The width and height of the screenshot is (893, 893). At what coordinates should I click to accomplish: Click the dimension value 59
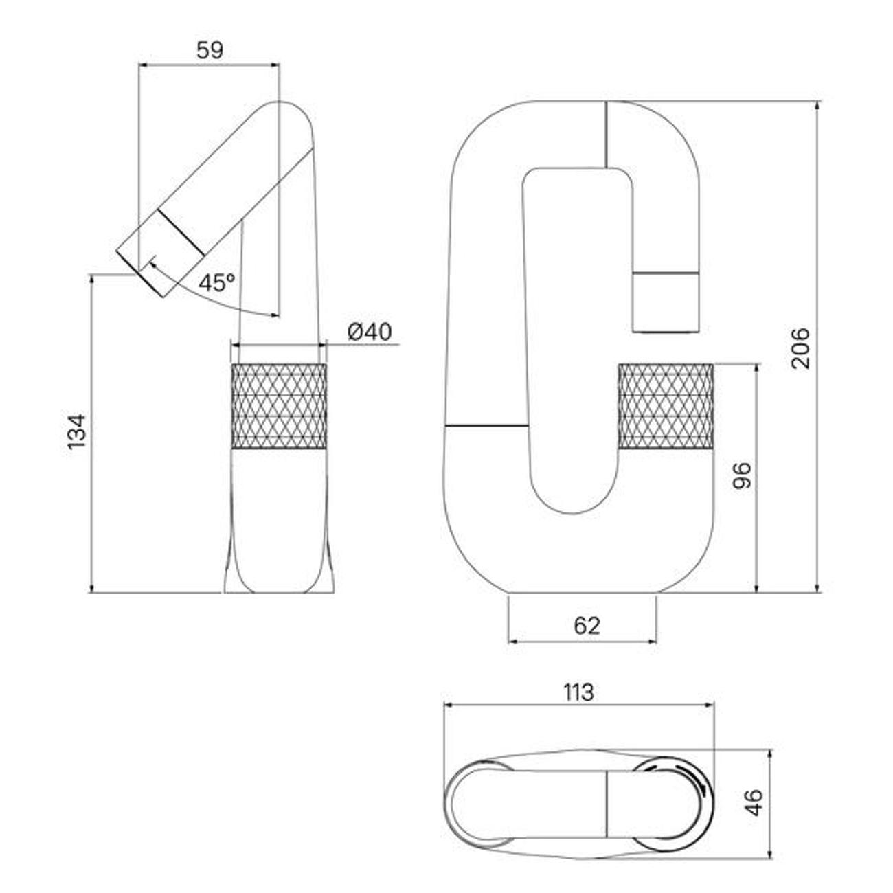pyautogui.click(x=210, y=50)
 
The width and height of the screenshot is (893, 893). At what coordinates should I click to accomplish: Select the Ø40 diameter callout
pyautogui.click(x=370, y=331)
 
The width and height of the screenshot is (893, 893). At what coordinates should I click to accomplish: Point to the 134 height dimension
pyautogui.click(x=77, y=431)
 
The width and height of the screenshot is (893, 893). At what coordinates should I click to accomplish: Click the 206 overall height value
pyautogui.click(x=800, y=348)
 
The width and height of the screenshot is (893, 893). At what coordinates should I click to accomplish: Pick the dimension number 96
pyautogui.click(x=741, y=475)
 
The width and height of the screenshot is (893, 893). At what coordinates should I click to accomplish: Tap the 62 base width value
pyautogui.click(x=587, y=626)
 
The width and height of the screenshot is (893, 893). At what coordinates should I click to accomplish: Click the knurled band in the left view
pyautogui.click(x=279, y=407)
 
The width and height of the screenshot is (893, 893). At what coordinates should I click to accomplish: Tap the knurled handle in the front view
pyautogui.click(x=666, y=407)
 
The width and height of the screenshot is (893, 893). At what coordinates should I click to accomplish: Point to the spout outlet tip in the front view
pyautogui.click(x=666, y=302)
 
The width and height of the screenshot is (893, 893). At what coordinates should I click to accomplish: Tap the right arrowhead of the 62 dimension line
pyautogui.click(x=651, y=642)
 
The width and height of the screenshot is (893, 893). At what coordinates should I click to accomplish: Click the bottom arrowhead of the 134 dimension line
pyautogui.click(x=92, y=587)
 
